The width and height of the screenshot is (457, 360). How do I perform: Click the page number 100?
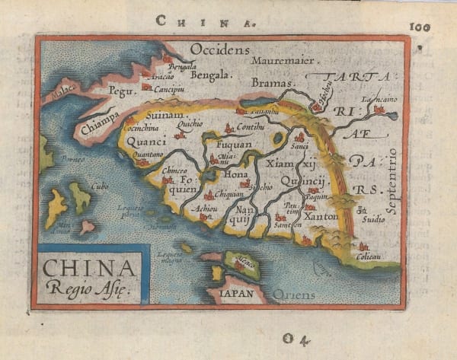coord(420,27)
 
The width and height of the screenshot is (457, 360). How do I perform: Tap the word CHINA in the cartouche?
coord(90,269)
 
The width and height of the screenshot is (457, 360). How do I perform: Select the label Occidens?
coord(219,49)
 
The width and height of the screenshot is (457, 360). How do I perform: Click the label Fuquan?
coord(235,144)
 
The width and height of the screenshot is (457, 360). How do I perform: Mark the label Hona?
coord(235,174)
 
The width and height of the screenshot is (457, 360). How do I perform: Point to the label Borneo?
coord(72,160)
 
